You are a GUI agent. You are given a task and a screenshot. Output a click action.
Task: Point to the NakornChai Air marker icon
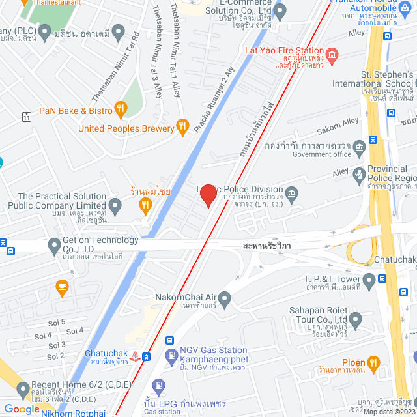pos(225,300)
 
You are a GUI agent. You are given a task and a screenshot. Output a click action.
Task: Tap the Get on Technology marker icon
pos(54,246)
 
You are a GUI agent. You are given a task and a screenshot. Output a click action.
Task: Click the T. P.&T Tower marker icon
pos(369,281)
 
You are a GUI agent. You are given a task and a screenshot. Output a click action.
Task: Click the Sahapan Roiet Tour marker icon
pos(355,320)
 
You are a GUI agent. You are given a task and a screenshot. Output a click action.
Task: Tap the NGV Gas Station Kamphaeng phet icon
pos(171,356)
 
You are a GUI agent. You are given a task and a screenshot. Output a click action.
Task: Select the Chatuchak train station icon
pos(135,356)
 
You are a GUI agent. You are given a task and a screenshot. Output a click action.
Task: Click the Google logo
pos(22,409)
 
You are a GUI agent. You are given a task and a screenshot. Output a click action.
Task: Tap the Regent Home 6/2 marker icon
pos(24,390)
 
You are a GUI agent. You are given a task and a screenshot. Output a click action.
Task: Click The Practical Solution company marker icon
pos(115,208)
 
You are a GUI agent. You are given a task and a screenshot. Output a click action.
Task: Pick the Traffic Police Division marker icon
pos(292,193)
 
